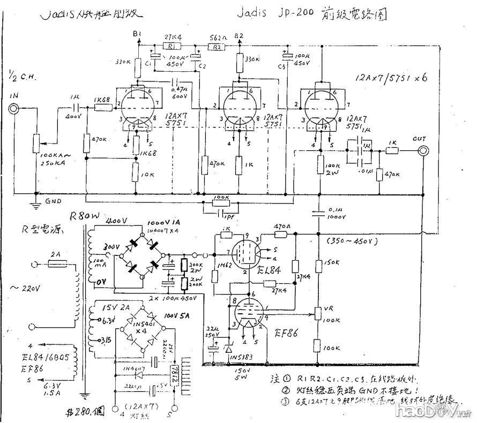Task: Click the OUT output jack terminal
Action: (422, 152)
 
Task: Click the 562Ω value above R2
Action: (217, 37)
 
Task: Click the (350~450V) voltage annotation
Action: (356, 241)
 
